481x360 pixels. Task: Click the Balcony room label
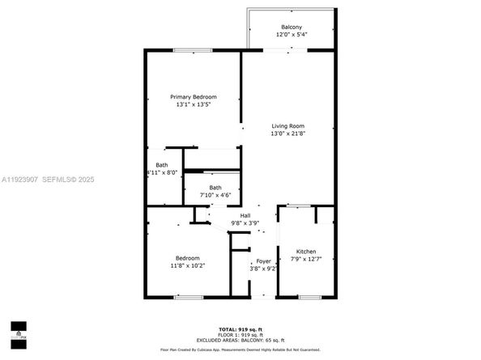tap(292, 27)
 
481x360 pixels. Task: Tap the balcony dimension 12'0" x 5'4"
tap(292, 35)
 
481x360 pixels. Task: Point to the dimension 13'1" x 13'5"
tap(194, 104)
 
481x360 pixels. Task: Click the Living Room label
tap(287, 126)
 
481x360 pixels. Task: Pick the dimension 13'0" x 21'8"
tap(287, 133)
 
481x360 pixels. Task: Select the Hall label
tap(245, 214)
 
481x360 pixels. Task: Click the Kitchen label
tap(305, 252)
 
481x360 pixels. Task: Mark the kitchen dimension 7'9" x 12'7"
tap(305, 260)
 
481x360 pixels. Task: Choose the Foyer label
tap(264, 260)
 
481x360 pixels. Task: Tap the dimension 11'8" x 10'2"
tap(187, 265)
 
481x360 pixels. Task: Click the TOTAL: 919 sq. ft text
tap(240, 330)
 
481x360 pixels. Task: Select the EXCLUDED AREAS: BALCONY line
tap(240, 340)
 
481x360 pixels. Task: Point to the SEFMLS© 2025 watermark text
tap(74, 180)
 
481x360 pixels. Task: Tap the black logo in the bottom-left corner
tap(18, 328)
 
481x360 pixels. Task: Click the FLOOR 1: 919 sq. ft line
tap(240, 335)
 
